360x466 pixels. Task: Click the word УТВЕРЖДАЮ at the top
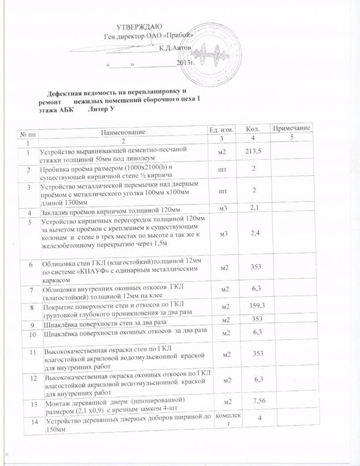coord(139,27)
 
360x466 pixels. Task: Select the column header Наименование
coord(121,133)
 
